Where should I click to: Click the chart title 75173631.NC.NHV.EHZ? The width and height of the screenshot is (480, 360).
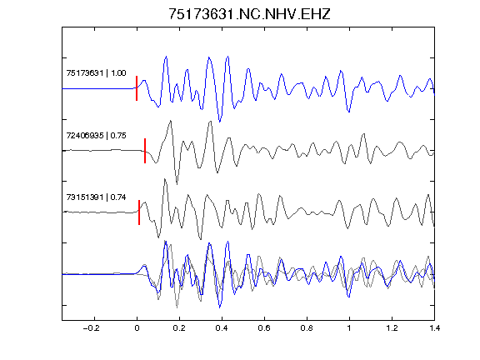[249, 14]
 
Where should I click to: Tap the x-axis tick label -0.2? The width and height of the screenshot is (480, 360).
[91, 328]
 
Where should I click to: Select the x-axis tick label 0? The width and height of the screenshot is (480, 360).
[137, 328]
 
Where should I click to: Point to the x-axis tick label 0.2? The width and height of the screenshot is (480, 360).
[179, 328]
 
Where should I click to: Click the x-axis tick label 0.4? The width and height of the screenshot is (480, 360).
[222, 328]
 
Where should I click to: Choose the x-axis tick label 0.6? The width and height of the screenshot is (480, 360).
[264, 328]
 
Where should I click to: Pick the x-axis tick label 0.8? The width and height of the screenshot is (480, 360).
[307, 328]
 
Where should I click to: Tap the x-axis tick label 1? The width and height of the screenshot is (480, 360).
[349, 328]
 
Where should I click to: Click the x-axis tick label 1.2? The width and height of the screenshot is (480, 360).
[392, 328]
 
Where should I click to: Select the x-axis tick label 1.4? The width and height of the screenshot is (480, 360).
[434, 328]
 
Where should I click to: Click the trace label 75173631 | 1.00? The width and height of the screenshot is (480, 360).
[96, 73]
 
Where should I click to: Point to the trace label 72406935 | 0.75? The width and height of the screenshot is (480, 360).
[96, 135]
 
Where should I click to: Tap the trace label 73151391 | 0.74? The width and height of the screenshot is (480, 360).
[96, 197]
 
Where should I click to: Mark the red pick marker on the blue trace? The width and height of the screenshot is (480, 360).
[137, 88]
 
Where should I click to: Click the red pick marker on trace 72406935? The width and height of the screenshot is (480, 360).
[145, 151]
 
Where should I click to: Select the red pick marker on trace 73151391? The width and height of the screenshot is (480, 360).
[139, 212]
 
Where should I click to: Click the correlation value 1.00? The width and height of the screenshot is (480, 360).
[118, 73]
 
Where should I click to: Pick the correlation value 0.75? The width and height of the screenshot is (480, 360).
[118, 135]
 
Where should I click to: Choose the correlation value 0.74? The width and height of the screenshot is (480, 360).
[118, 197]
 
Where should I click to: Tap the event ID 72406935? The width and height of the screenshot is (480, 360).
[85, 135]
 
